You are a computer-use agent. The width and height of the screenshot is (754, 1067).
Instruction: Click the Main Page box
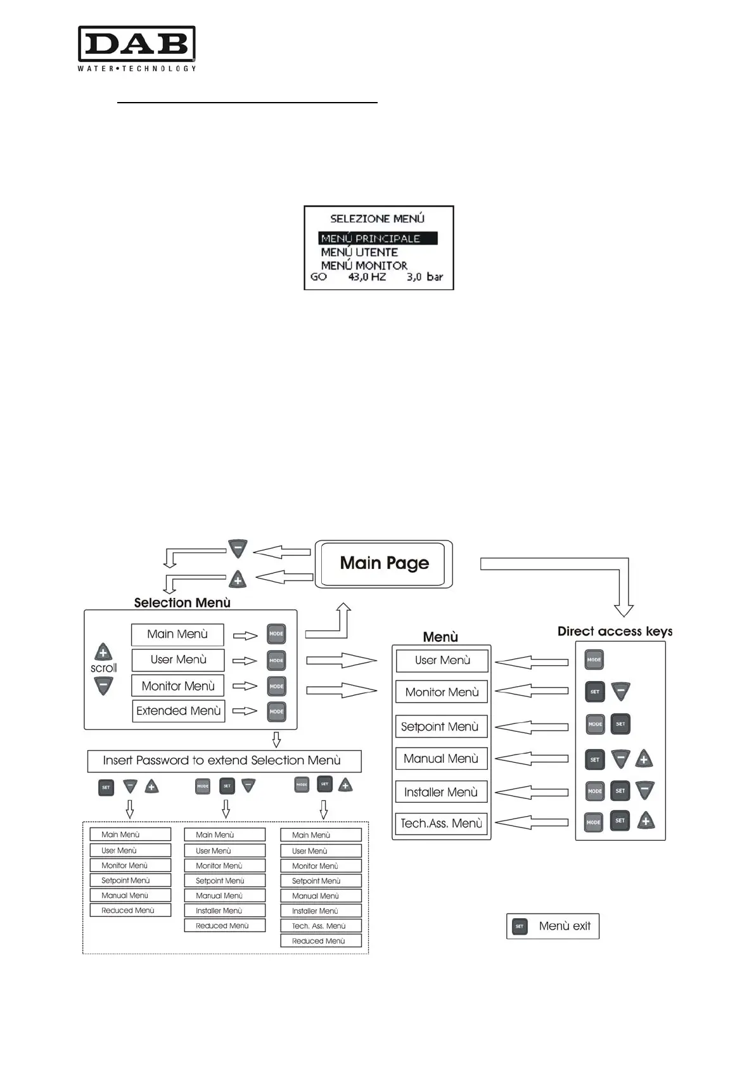[384, 563]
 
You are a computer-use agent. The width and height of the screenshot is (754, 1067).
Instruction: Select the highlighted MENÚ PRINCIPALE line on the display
[378, 239]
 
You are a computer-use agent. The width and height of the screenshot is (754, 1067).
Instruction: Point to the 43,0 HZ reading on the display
[367, 277]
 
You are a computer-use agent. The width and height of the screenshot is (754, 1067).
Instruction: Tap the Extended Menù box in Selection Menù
[178, 711]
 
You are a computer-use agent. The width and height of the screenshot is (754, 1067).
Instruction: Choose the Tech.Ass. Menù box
[441, 824]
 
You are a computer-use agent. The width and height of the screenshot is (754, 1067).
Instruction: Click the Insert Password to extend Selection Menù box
[224, 760]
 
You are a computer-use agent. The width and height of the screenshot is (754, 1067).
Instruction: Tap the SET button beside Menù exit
[520, 926]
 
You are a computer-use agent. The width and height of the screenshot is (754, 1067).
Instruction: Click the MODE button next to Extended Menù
[276, 712]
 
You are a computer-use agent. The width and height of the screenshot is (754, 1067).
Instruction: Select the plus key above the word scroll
[103, 652]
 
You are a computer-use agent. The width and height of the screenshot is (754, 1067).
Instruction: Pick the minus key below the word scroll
[103, 685]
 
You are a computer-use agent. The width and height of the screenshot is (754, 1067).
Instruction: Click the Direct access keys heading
[615, 631]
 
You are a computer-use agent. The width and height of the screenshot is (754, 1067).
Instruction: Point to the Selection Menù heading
[182, 603]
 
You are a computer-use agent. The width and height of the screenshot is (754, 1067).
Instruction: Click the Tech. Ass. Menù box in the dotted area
[321, 926]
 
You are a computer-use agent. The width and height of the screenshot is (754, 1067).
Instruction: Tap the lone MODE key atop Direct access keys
[594, 660]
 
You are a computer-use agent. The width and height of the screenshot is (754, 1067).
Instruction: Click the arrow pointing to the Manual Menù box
[532, 758]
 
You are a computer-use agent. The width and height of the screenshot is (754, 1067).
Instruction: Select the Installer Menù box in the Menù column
[441, 792]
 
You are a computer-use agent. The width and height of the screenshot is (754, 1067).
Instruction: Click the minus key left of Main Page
[238, 549]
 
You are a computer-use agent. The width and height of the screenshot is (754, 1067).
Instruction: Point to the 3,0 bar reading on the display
[425, 277]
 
